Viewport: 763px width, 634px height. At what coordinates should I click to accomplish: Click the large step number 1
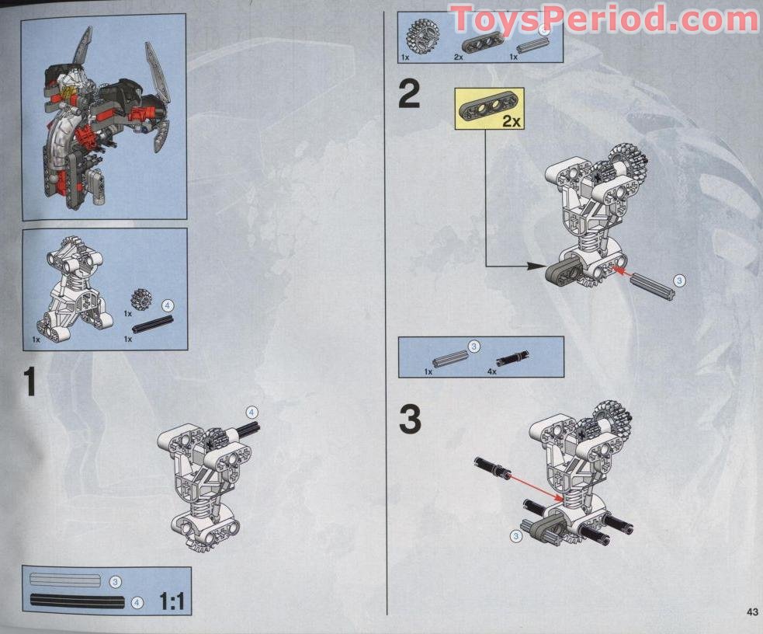tap(30, 381)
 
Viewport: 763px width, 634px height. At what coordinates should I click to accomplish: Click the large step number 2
tap(409, 95)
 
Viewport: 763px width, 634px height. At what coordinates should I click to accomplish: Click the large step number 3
tap(410, 420)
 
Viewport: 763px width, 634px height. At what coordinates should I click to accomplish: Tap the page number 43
tap(752, 611)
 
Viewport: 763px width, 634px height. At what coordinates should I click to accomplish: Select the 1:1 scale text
tap(172, 601)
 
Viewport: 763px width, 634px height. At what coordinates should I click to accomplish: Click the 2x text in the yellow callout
tap(511, 120)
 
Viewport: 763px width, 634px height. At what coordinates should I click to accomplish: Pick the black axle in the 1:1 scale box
tap(78, 601)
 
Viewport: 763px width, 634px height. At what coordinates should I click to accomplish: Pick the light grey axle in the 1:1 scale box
tap(65, 579)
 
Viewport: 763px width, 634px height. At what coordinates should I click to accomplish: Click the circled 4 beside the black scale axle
tap(137, 603)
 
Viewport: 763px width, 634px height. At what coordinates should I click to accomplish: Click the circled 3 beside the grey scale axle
tap(115, 582)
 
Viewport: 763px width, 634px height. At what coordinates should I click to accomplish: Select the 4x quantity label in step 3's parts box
tap(492, 371)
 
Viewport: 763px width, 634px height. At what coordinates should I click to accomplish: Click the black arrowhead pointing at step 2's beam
tap(537, 266)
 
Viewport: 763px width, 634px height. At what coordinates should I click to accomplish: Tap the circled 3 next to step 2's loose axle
tap(679, 280)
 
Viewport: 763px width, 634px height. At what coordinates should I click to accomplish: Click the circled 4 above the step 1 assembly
tap(251, 413)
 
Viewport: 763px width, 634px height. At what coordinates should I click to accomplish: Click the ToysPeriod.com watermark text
tap(605, 19)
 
